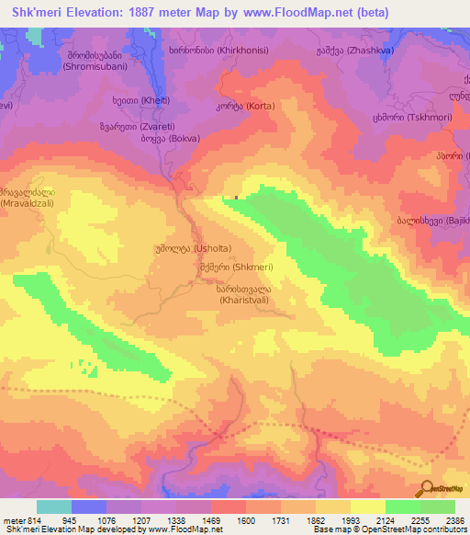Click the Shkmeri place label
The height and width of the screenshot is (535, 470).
(x=230, y=267)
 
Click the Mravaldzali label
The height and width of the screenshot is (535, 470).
(x=28, y=196)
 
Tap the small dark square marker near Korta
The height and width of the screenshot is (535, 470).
(x=236, y=196)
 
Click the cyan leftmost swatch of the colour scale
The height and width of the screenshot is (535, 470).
(x=54, y=507)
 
